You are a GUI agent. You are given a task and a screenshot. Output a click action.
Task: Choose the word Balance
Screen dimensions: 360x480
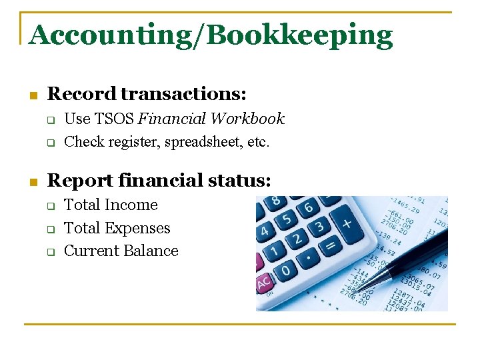(154, 251)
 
